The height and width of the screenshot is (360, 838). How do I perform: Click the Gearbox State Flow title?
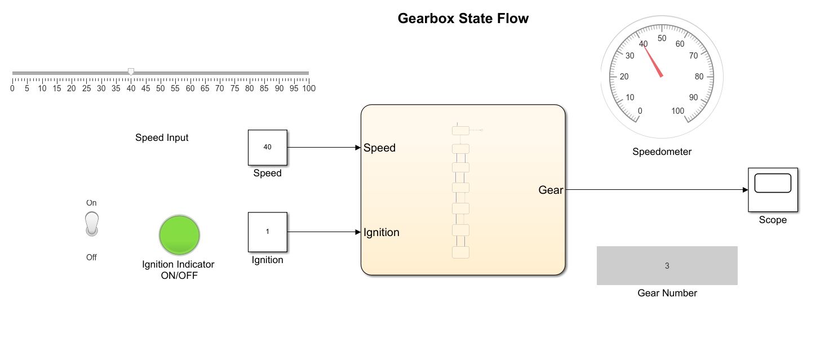click(463, 19)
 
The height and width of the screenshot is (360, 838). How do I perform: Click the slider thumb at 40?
click(131, 72)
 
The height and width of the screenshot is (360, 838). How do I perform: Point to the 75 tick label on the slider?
click(234, 88)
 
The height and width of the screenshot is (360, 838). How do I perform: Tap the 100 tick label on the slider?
click(308, 88)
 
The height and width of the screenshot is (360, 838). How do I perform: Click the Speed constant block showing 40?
click(267, 147)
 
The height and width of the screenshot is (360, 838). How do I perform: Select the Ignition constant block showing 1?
click(267, 232)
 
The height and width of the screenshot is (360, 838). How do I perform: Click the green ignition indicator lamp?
click(179, 234)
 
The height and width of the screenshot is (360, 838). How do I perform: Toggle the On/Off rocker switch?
click(91, 224)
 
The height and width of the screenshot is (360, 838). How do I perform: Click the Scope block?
click(772, 189)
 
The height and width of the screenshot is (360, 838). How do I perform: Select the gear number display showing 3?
click(667, 265)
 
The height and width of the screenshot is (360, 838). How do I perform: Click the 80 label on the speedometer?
click(699, 77)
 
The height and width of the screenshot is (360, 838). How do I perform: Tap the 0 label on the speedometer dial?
click(640, 111)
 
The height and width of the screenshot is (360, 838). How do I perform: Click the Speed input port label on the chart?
click(379, 148)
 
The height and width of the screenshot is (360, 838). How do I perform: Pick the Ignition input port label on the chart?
click(382, 232)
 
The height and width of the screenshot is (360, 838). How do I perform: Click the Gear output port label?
click(551, 190)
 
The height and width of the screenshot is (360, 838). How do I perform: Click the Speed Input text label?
click(162, 137)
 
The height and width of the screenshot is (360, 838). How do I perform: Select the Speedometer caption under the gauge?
click(662, 152)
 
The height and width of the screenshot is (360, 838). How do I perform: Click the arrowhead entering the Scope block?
click(744, 190)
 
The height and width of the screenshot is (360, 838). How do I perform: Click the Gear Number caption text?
click(667, 293)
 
